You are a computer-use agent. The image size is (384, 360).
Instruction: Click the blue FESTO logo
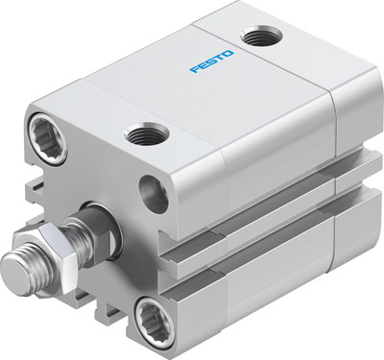[x=211, y=68]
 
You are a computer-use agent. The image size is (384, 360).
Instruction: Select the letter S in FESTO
[x=211, y=68]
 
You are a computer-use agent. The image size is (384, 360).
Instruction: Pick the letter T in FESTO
[x=221, y=64]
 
